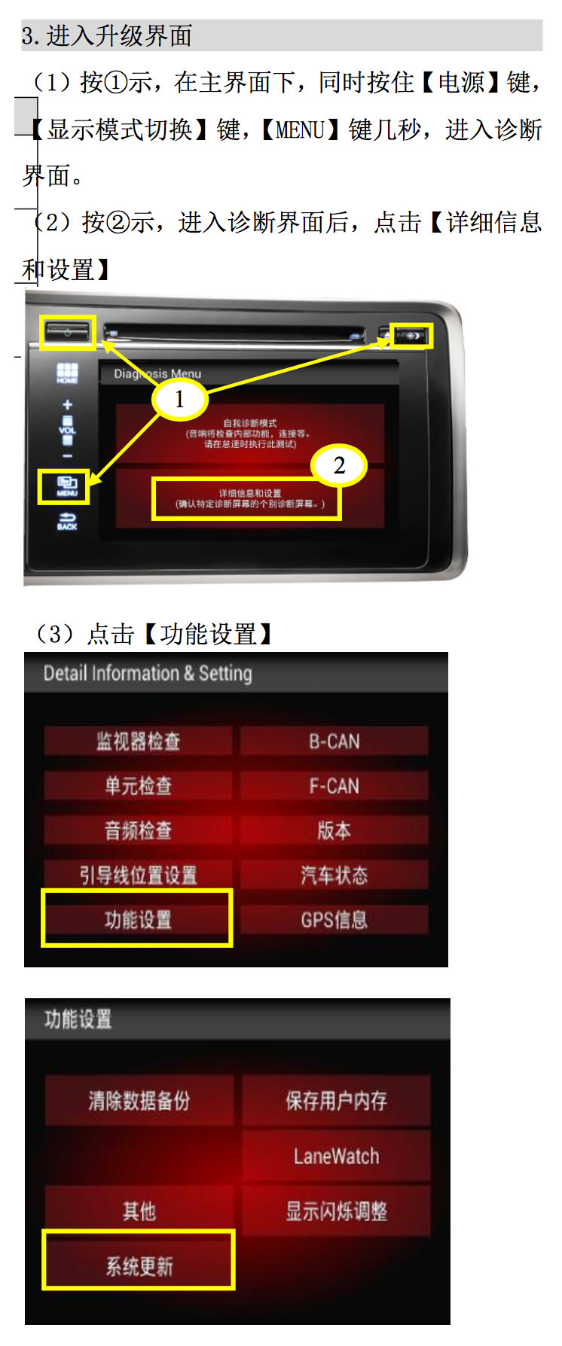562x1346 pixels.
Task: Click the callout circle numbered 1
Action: [179, 399]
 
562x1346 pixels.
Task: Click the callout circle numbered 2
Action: [339, 465]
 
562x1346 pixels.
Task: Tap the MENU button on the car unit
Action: [66, 486]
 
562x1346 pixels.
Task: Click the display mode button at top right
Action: [412, 335]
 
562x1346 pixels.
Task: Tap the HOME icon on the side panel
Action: [67, 373]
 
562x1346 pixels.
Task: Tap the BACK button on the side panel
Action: [67, 521]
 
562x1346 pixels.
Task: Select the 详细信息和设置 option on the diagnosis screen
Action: [249, 498]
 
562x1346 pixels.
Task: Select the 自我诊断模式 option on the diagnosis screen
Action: [249, 433]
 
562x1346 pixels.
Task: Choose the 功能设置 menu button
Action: [138, 919]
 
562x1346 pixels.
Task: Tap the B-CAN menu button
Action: [334, 742]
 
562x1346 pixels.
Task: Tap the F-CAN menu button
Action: [334, 786]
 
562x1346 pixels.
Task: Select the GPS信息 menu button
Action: [334, 919]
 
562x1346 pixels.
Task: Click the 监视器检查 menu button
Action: [138, 742]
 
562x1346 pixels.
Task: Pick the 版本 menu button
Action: [334, 830]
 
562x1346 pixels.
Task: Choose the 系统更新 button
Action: [139, 1265]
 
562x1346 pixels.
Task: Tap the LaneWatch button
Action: [336, 1156]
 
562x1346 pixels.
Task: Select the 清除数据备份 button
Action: [139, 1101]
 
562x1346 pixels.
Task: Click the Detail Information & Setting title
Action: [148, 673]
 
